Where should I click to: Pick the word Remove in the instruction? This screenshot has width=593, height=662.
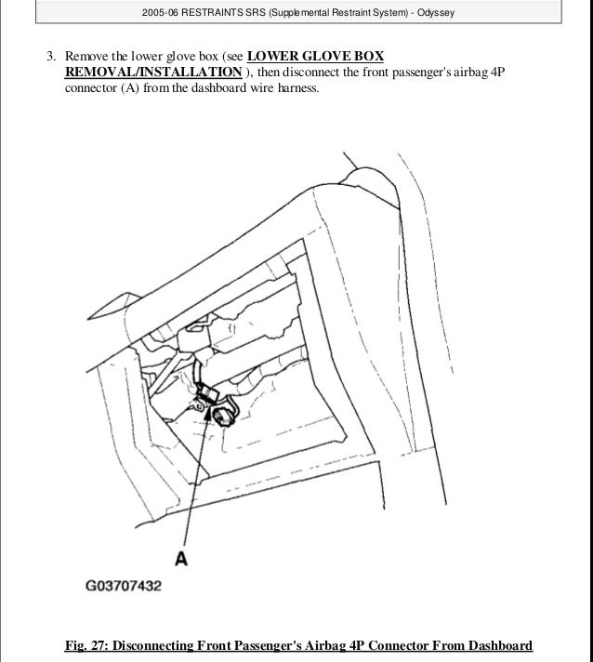(85, 55)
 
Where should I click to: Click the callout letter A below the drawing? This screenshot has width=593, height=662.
(182, 559)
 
